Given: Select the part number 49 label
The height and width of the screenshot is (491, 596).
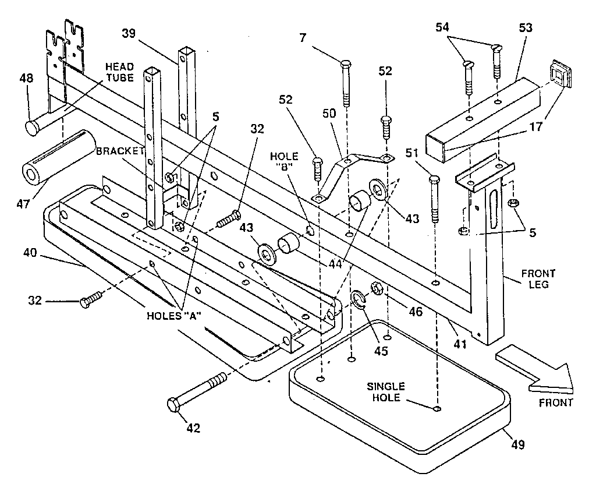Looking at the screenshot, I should pos(517,444).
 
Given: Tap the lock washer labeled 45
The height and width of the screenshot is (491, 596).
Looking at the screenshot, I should pos(357,300).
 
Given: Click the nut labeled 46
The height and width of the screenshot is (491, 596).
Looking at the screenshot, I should pos(375,288).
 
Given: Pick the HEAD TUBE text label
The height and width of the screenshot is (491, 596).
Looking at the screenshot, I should pos(119,72).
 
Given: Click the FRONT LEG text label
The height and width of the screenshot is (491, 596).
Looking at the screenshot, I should pos(538,279).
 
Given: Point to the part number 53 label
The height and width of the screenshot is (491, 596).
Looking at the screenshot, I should pos(526,28).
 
